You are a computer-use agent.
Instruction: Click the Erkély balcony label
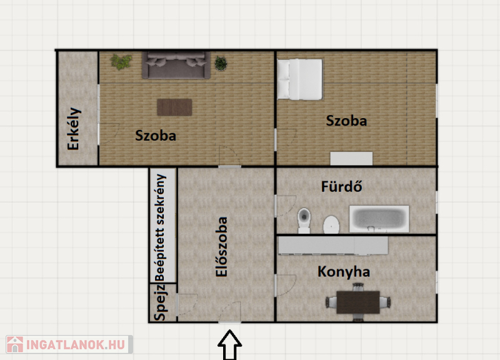[74, 129]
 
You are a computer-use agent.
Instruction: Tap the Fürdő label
[341, 186]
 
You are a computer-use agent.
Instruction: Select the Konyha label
[344, 272]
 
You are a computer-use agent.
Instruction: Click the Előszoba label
[222, 247]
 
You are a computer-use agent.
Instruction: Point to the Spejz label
[161, 302]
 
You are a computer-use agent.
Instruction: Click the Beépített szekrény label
[161, 227]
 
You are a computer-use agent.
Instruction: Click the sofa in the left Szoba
[176, 65]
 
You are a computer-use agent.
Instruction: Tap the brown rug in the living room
[174, 107]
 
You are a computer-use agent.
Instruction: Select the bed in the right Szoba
[299, 79]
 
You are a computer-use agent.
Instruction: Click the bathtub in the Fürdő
[379, 219]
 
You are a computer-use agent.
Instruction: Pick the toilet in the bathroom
[304, 221]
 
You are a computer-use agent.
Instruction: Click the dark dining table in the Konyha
[358, 302]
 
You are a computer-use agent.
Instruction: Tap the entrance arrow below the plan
[229, 346]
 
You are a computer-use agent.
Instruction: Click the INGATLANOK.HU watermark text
[76, 345]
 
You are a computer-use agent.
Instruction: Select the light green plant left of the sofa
[121, 61]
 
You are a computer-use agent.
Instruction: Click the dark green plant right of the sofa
[221, 63]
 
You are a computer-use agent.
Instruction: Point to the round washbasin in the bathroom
[331, 224]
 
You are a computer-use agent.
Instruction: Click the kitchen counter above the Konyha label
[333, 245]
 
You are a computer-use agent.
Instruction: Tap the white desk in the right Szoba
[351, 159]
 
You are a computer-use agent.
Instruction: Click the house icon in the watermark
[15, 344]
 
